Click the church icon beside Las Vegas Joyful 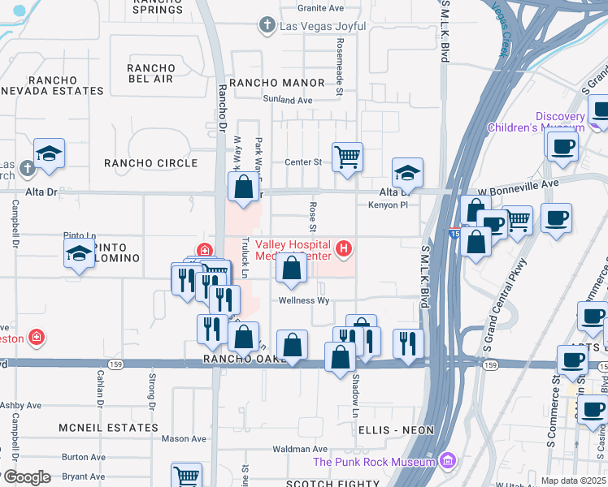point(266,25)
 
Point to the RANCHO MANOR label point(276,83)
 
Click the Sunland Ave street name point(287,100)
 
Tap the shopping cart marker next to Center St point(347,156)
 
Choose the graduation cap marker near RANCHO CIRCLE point(49,153)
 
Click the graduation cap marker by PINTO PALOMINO point(79,252)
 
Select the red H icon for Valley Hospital point(345,248)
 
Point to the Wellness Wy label point(304,300)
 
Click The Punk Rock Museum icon point(446,462)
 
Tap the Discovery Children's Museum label point(536,122)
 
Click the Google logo point(26,477)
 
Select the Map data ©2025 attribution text point(573,481)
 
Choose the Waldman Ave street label point(299,449)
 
